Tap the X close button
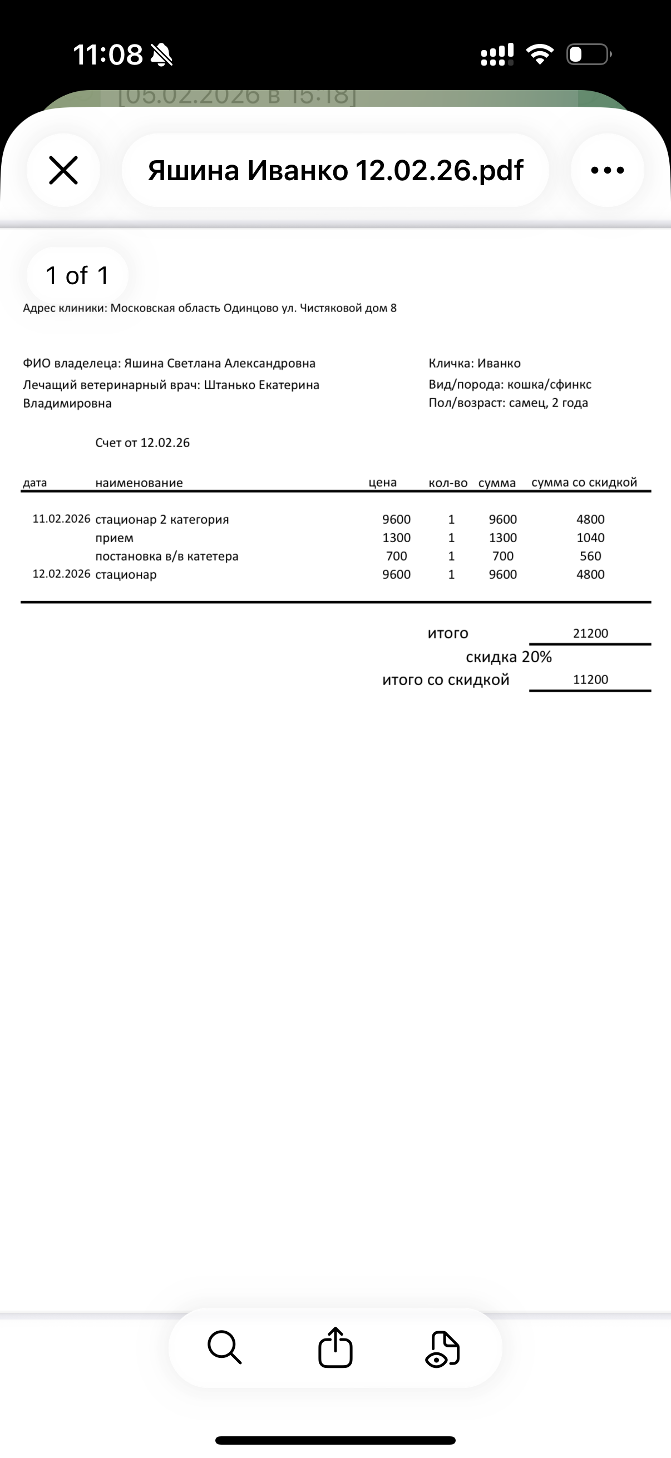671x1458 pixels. coord(63,170)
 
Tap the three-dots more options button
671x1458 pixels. coord(607,170)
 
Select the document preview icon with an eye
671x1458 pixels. coord(443,1350)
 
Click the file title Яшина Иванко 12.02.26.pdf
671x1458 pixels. coord(335,170)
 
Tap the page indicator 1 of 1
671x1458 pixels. coord(77,276)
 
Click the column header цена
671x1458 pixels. coord(382,483)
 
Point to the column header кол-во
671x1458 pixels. coord(448,483)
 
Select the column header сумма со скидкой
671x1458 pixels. coord(584,483)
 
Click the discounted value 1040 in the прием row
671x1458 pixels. coord(590,538)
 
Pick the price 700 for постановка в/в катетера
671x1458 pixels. coord(396,557)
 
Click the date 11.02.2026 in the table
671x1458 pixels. coord(61,519)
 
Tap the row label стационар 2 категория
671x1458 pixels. coord(162,519)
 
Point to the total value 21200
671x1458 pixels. coord(590,633)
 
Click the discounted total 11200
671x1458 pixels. coord(590,680)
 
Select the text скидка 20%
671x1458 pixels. coord(509,657)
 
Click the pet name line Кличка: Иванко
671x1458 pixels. coord(475,363)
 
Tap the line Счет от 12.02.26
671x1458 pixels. coord(142,443)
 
